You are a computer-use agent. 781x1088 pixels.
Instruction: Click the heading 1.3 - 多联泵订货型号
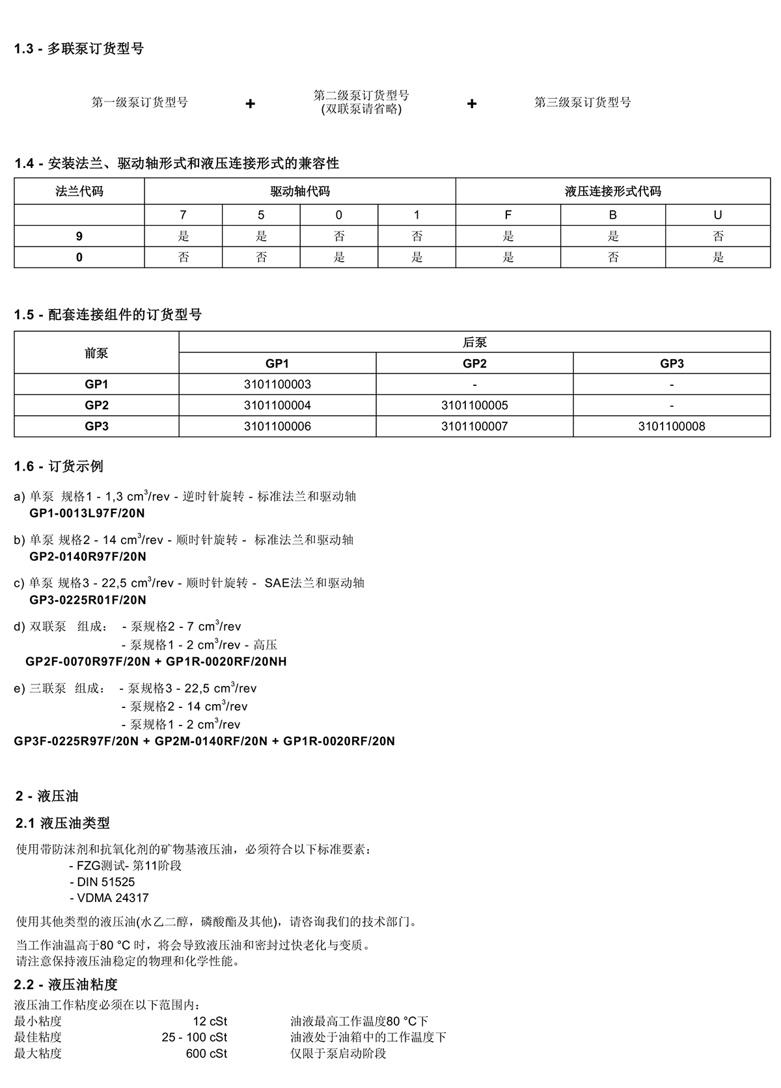tap(79, 49)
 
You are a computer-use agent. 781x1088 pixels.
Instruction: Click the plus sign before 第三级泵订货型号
tap(472, 103)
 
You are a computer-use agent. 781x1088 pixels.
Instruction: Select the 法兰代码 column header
tap(79, 191)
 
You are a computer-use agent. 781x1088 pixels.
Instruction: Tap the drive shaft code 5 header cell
tap(261, 215)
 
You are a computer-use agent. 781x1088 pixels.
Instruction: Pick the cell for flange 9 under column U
tap(718, 236)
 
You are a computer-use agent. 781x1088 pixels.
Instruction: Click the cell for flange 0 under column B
tap(612, 257)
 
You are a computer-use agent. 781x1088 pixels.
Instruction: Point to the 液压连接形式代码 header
tap(612, 191)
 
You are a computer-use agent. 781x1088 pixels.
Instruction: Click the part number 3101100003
tap(277, 384)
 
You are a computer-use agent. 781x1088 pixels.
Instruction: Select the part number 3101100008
tap(672, 426)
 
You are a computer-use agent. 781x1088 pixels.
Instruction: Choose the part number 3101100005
tap(474, 405)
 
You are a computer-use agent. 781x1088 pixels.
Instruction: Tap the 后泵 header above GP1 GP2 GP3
tap(474, 342)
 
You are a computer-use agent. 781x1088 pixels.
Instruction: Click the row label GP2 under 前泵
tap(96, 405)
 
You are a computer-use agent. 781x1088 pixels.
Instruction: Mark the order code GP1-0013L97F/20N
tap(87, 513)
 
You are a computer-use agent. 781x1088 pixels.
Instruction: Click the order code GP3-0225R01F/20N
tap(88, 599)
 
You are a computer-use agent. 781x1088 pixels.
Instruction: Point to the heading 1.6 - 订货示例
tap(59, 467)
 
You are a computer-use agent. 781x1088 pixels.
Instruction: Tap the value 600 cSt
tap(206, 1053)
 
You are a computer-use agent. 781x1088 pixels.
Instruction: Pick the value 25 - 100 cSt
tap(195, 1037)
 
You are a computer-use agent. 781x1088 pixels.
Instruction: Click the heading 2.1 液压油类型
tap(62, 823)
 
